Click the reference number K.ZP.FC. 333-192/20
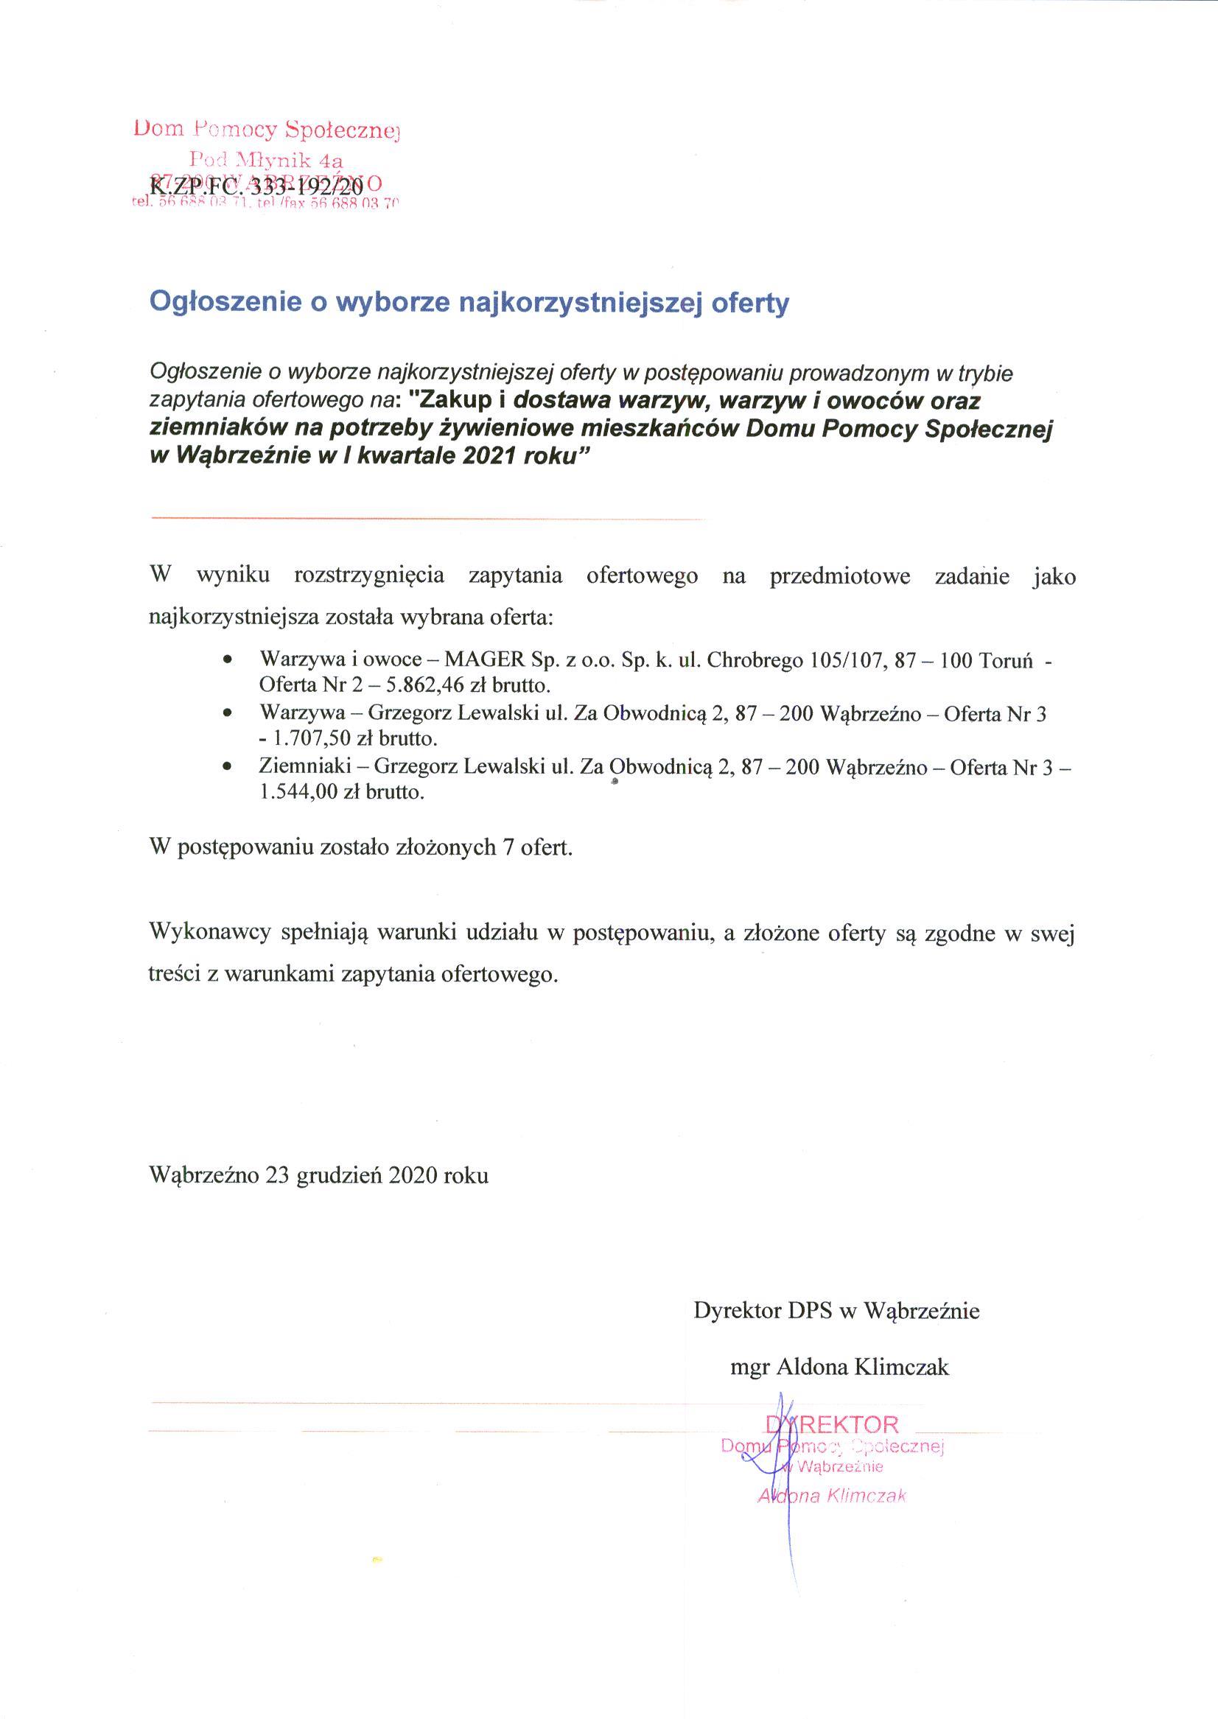click(x=256, y=185)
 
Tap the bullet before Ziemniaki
click(x=227, y=766)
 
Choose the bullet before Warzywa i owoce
click(x=227, y=659)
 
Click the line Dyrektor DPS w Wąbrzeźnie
click(x=836, y=1310)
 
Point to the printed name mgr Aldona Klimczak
click(x=839, y=1367)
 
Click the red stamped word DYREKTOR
click(x=832, y=1424)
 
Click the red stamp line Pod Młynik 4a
click(x=266, y=159)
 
